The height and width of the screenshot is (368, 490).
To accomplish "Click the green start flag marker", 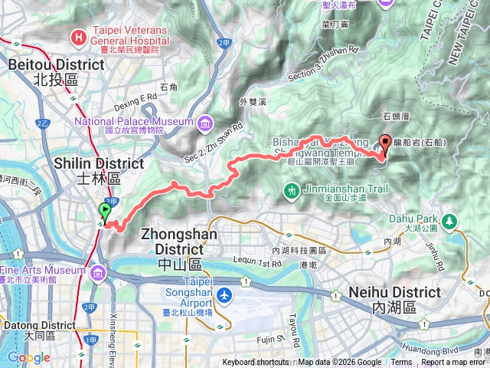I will [x=105, y=211].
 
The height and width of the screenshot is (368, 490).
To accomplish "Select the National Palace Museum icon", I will [x=204, y=123].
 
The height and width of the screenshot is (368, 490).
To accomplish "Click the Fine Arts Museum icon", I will [x=98, y=273].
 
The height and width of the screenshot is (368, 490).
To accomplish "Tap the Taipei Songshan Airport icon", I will [x=224, y=295].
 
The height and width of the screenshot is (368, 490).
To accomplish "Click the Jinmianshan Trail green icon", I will [x=291, y=189].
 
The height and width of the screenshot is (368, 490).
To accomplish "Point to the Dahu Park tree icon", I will [x=451, y=222].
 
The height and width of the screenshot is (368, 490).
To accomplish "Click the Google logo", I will [x=28, y=357].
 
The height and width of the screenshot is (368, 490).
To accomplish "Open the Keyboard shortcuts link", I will [x=256, y=363].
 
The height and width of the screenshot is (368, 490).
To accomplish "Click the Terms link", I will [x=401, y=363].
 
